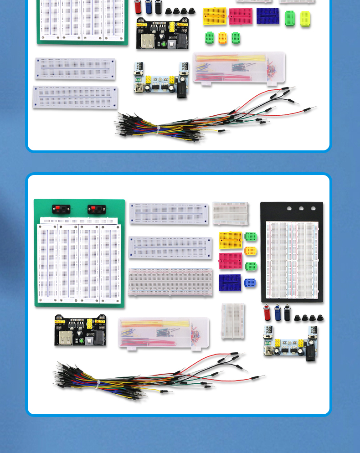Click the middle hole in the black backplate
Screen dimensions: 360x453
(x=301, y=208)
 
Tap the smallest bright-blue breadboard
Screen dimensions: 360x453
(x=250, y=283)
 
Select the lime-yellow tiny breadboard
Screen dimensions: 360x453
(x=305, y=18)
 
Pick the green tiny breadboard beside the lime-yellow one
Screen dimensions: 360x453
(x=290, y=18)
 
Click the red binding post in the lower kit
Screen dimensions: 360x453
(x=267, y=313)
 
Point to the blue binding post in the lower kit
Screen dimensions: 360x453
(x=278, y=313)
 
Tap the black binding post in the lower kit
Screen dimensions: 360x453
(x=287, y=313)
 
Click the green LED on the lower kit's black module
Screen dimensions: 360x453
(x=81, y=340)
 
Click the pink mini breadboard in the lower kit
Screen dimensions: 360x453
(x=230, y=261)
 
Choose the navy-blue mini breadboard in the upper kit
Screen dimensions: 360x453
(x=268, y=16)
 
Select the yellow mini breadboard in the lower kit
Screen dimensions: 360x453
(x=231, y=240)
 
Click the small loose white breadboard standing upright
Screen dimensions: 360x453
(x=233, y=321)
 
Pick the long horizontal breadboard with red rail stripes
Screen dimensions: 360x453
(x=170, y=281)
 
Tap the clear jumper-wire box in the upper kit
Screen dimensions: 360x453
(x=239, y=67)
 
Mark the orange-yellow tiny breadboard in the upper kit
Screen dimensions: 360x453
(x=222, y=37)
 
